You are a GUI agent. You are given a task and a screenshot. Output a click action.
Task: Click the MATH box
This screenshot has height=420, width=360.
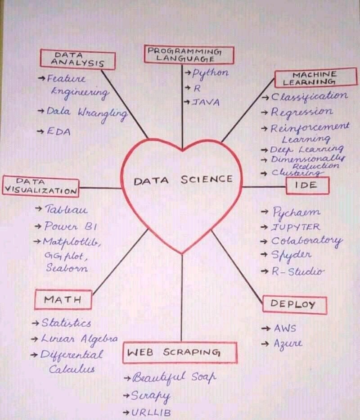[x=63, y=299]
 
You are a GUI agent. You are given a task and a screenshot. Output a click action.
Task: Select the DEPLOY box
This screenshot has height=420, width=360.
[x=295, y=305]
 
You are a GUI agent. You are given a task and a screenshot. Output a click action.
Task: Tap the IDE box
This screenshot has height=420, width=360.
[x=307, y=185]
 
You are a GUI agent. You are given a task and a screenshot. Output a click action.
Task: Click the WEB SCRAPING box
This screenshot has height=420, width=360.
[x=180, y=352]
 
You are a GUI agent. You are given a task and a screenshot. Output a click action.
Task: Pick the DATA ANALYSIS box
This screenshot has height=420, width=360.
[x=78, y=59]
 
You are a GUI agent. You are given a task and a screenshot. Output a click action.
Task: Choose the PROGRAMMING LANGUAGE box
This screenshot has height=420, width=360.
[x=189, y=54]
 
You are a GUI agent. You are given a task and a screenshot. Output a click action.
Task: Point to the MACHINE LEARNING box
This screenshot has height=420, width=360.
[x=315, y=78]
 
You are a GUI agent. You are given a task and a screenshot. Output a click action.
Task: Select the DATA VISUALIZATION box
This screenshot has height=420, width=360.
[x=40, y=186]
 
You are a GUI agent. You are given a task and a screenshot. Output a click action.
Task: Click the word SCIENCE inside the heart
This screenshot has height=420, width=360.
[x=207, y=179]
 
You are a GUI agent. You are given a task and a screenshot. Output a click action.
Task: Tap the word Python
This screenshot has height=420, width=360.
[x=210, y=73]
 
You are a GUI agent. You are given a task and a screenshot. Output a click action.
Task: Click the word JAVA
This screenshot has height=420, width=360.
[x=206, y=102]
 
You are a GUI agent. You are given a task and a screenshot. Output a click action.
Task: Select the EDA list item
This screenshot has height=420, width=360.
[x=58, y=131]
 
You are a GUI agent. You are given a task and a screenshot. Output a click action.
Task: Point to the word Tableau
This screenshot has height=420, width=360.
[x=66, y=209]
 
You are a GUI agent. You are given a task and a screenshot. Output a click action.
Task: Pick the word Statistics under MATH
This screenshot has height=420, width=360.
[x=66, y=323]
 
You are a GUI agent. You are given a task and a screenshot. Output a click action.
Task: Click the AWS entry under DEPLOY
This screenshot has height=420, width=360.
[x=285, y=328]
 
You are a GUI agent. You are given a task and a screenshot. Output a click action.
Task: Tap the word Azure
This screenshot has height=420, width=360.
[x=288, y=343]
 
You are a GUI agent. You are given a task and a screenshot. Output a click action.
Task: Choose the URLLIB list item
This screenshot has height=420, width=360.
[x=151, y=412]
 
